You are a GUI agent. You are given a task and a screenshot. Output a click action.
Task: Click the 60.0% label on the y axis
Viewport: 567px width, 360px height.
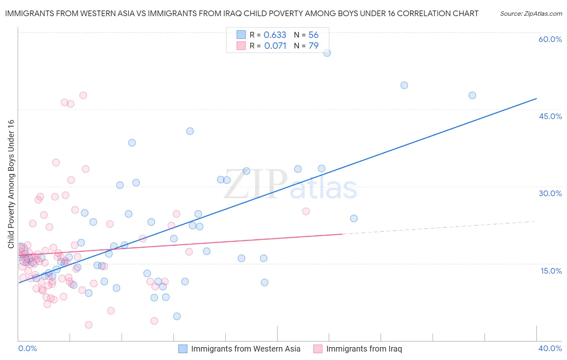tap(550, 39)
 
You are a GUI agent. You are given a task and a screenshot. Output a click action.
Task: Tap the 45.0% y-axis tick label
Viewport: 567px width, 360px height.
tap(550, 116)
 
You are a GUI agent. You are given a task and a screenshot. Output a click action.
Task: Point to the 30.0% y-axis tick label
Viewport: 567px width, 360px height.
tap(550, 193)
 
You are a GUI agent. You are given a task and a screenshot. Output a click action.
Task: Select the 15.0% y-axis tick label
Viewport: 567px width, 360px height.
tap(551, 271)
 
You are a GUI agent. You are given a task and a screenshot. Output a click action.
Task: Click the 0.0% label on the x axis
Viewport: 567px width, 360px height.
tap(27, 348)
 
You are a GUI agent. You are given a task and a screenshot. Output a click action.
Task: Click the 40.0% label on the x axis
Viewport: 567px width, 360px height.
tap(550, 348)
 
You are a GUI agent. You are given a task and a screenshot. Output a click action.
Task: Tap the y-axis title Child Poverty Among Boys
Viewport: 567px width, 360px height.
tap(11, 184)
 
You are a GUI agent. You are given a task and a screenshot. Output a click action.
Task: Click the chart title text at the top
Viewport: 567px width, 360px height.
tap(242, 13)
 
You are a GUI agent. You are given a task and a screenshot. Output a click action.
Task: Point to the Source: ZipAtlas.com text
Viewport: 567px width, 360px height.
tap(531, 13)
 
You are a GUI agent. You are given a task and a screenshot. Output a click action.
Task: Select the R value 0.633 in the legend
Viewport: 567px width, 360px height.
tap(275, 35)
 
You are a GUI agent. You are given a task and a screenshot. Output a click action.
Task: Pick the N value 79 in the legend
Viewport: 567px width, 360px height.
tap(313, 46)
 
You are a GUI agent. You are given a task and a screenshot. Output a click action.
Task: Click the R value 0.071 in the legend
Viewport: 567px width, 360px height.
tap(275, 46)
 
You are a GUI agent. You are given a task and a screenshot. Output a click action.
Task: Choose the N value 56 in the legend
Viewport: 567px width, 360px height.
tap(313, 35)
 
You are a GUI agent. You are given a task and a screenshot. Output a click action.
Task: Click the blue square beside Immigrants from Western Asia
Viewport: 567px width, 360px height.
tap(183, 349)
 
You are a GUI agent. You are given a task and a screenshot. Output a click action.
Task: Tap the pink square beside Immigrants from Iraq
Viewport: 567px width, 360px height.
tap(318, 349)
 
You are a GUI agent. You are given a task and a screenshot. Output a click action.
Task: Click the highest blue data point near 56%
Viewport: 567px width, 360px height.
tap(327, 53)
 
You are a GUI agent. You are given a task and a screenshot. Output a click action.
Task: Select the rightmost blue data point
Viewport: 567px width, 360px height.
tap(472, 95)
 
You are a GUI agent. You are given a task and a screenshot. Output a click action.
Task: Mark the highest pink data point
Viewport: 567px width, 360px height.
tap(83, 95)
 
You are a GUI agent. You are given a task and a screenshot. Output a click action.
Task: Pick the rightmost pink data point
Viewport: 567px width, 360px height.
tap(306, 211)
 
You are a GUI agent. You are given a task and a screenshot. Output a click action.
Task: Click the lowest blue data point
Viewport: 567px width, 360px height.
tap(177, 316)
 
